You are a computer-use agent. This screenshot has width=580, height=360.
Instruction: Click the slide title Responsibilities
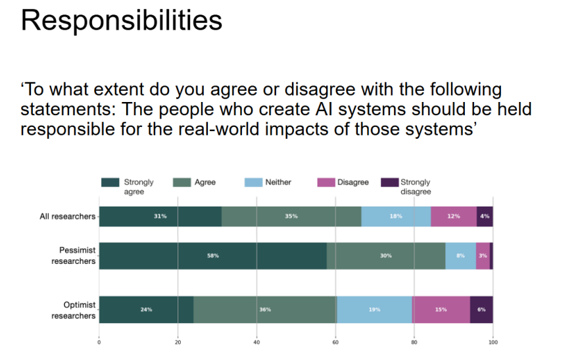coord(121,21)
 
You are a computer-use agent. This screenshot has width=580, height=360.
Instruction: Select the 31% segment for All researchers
coord(160,217)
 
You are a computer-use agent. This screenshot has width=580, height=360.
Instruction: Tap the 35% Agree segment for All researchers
coord(291,217)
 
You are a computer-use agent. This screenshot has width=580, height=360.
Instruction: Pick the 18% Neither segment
coord(396,217)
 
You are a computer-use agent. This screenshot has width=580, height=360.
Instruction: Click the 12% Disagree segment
coord(454,217)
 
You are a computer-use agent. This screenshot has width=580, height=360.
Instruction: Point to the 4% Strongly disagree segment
coord(485,217)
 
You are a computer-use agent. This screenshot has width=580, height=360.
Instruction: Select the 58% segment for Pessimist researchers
coord(212,256)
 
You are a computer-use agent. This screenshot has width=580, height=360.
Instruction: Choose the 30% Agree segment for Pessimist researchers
coord(386,256)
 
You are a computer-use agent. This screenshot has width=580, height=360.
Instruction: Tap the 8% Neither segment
coord(460,256)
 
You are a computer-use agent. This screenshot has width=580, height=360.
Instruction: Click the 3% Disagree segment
coord(483,256)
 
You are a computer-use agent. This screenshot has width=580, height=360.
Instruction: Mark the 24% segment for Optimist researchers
coord(146,309)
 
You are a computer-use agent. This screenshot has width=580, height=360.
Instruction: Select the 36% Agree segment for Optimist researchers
coord(265,309)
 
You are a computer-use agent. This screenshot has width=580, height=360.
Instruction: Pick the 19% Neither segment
coord(374,309)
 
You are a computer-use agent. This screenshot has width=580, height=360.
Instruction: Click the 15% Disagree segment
coord(441,309)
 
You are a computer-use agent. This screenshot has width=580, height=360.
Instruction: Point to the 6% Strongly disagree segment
coord(481,309)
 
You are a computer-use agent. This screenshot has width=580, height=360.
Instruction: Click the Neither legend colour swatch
coord(253,182)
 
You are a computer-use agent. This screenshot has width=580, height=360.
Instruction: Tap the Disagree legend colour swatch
coord(326,182)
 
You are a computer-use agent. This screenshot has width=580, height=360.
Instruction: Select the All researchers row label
coord(68,217)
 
